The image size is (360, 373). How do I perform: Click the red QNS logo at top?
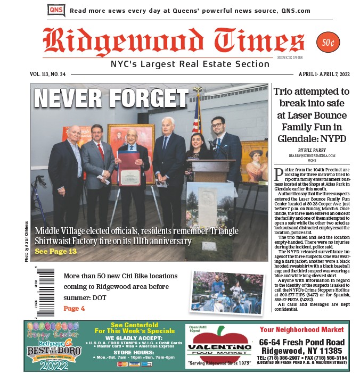pos(56,10)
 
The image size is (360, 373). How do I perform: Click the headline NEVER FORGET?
pos(111,98)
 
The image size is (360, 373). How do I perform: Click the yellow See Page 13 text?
pos(55,252)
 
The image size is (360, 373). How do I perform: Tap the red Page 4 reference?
pos(73,308)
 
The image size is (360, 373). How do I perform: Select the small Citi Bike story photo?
pos(226,292)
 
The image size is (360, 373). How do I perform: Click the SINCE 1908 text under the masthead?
pos(290,57)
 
